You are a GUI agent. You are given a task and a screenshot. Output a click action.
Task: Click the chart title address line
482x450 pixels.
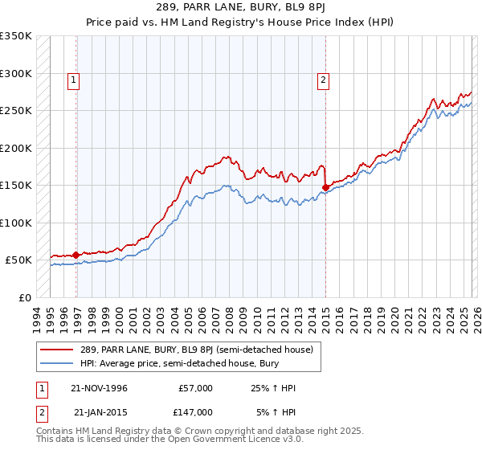coord(240,8)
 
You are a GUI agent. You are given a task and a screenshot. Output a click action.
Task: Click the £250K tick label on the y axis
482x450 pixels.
coord(16,110)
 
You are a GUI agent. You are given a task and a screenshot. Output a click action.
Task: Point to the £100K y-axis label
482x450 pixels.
coord(16,223)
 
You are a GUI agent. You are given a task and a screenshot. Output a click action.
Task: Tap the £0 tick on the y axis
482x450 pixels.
coord(25,297)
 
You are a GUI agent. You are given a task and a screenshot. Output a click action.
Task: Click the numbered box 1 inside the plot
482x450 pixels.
coord(74,80)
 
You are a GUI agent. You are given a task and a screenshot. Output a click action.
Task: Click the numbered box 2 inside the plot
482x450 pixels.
coord(323,80)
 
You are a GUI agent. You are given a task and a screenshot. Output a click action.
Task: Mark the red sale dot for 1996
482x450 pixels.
coord(76,255)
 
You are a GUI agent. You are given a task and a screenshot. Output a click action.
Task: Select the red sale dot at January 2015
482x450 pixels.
coord(325,187)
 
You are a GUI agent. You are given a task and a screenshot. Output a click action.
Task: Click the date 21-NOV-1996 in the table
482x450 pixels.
coord(100,388)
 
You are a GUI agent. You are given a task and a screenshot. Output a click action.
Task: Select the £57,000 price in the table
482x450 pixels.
coord(196,388)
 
